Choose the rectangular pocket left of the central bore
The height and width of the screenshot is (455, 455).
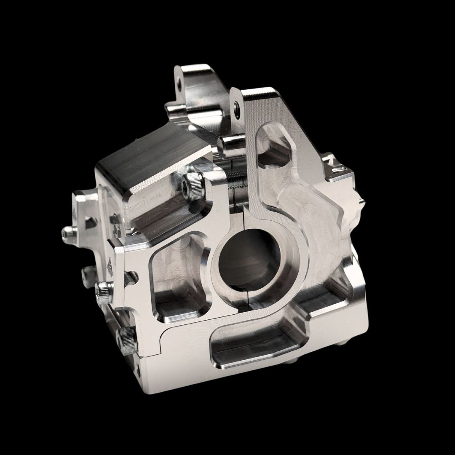point(179,280)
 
